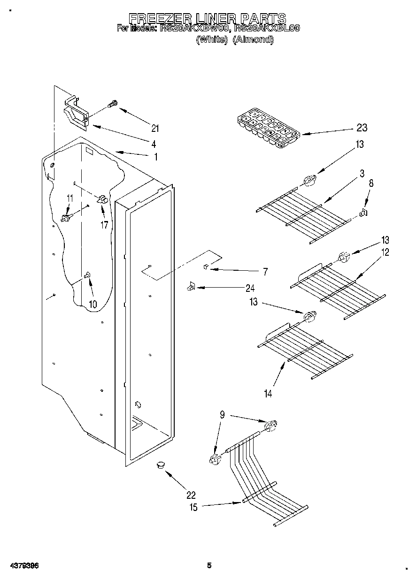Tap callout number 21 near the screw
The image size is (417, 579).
(x=155, y=127)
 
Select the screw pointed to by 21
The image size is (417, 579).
(x=113, y=104)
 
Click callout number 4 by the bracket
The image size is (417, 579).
(x=154, y=144)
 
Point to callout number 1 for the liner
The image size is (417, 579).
(x=156, y=157)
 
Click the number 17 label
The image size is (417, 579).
(x=104, y=225)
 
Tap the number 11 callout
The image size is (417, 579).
(x=69, y=198)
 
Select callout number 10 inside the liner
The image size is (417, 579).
(x=93, y=304)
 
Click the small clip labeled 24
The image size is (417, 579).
(x=191, y=286)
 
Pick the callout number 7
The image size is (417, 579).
(x=265, y=271)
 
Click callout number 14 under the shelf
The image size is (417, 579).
(x=268, y=394)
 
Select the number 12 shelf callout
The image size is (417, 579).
(x=385, y=252)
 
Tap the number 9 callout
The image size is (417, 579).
(x=223, y=414)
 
